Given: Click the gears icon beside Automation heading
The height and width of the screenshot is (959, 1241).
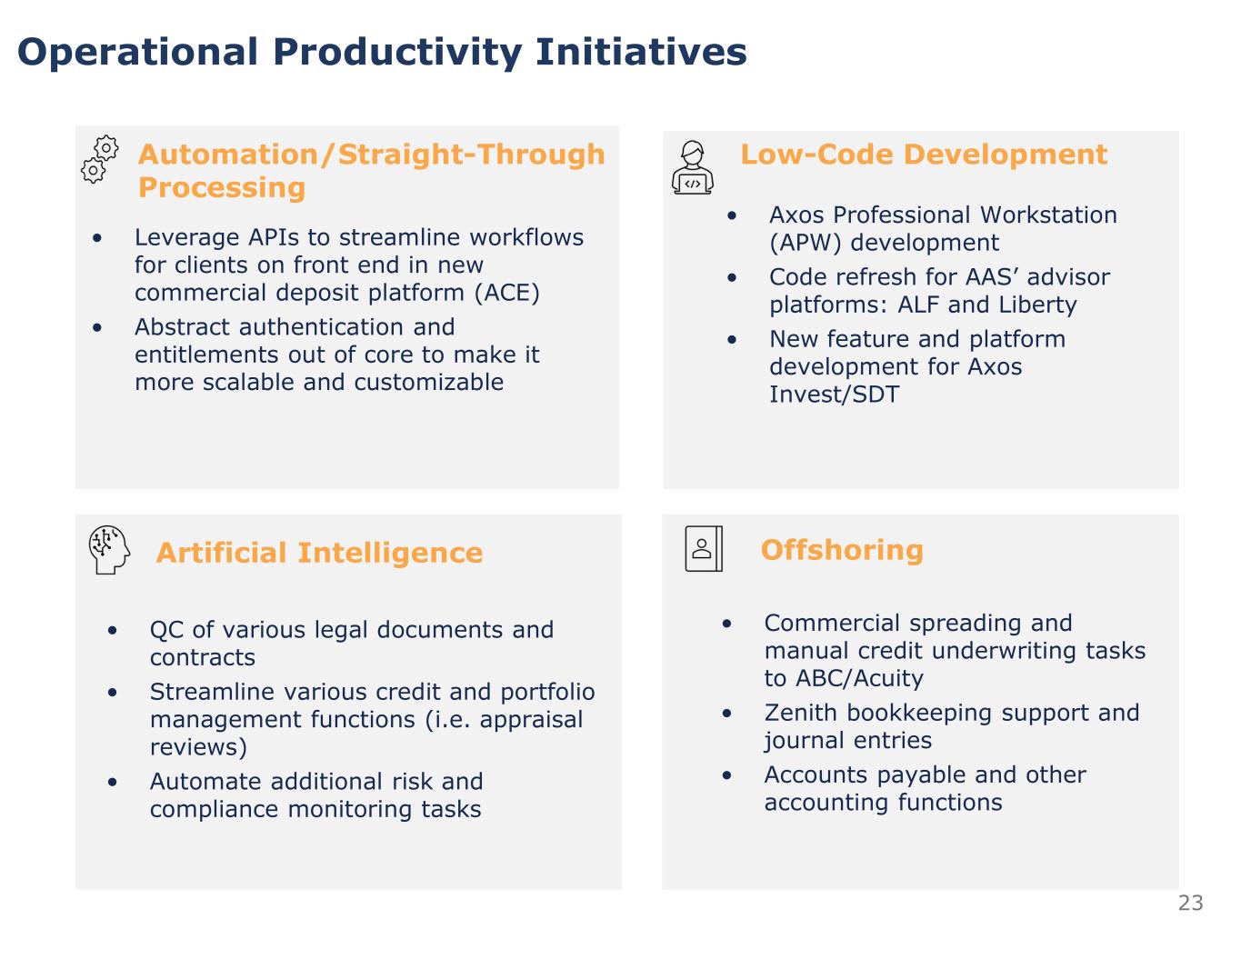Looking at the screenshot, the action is (x=100, y=159).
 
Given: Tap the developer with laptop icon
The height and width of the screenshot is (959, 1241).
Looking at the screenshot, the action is (x=692, y=168).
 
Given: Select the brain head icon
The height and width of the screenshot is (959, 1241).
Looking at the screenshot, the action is (x=109, y=550).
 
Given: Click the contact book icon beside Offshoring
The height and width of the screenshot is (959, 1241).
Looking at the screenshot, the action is (x=704, y=548).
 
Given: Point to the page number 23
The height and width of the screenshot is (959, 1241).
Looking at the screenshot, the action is (x=1190, y=903).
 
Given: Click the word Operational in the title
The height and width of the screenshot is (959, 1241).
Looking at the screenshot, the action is (x=137, y=52).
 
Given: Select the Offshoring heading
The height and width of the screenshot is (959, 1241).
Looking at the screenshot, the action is (x=842, y=550).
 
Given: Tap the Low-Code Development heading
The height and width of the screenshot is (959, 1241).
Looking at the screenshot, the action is (x=924, y=155).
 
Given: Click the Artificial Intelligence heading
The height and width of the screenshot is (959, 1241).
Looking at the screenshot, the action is (x=319, y=553).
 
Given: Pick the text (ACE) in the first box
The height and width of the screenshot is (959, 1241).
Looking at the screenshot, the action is (x=506, y=293).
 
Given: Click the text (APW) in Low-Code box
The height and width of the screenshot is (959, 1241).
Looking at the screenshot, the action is (x=806, y=244).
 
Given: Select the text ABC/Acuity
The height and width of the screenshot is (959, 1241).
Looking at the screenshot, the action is (x=859, y=678).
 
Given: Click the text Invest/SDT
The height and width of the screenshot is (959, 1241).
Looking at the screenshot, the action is (x=835, y=395).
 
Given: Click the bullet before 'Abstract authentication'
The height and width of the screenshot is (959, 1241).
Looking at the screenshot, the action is (x=97, y=327).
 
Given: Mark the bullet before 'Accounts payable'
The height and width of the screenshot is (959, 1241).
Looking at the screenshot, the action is (x=726, y=775).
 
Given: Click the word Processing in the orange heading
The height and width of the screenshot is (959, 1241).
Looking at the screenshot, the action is (x=222, y=188).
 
